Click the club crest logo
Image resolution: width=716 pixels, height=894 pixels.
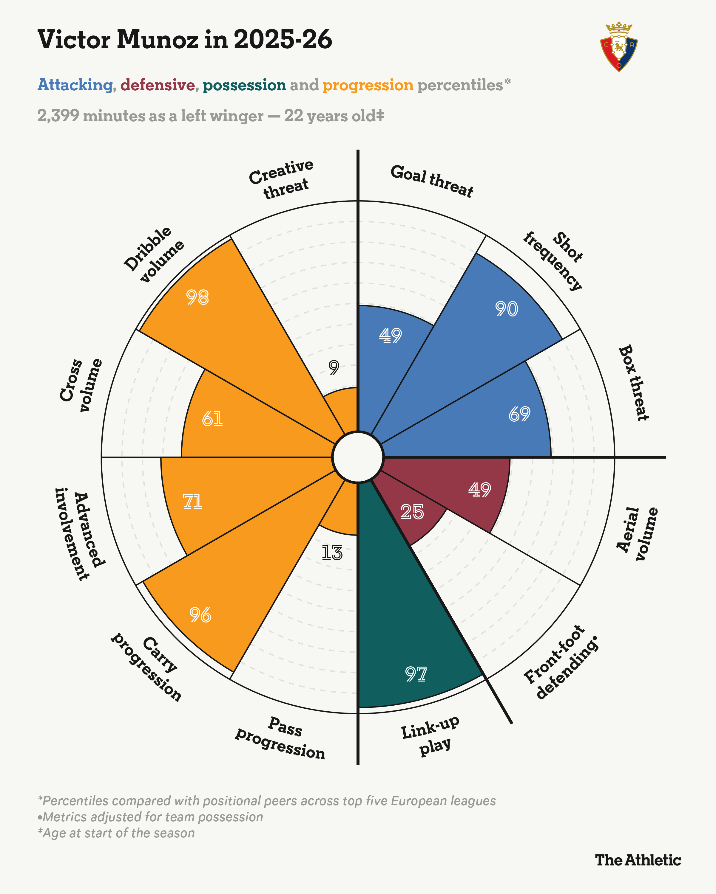618,47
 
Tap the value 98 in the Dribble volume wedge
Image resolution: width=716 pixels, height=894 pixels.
197,297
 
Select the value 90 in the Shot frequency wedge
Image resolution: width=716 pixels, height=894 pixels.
506,309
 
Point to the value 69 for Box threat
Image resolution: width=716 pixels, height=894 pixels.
519,414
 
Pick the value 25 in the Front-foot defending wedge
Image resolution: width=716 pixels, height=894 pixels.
412,512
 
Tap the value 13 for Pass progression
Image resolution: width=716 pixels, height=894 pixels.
332,553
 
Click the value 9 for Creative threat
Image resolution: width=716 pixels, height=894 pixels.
334,367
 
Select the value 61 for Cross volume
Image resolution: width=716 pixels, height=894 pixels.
212,419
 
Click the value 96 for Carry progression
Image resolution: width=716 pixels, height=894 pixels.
200,615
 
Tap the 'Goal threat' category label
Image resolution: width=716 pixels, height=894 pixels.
432,181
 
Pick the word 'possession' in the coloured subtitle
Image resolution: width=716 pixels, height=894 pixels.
244,85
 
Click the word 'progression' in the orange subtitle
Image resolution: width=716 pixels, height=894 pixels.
368,85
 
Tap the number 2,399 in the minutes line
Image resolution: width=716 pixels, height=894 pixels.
58,116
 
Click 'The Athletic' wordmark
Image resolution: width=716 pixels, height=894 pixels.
638,860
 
